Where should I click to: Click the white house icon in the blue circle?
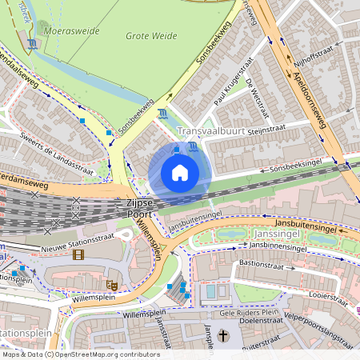point(180,173)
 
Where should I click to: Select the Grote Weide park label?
point(152,36)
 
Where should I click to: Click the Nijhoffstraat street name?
point(314,56)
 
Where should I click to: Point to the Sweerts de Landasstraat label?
point(56,154)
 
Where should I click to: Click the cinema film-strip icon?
point(78,255)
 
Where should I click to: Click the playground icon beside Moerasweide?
point(31,44)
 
